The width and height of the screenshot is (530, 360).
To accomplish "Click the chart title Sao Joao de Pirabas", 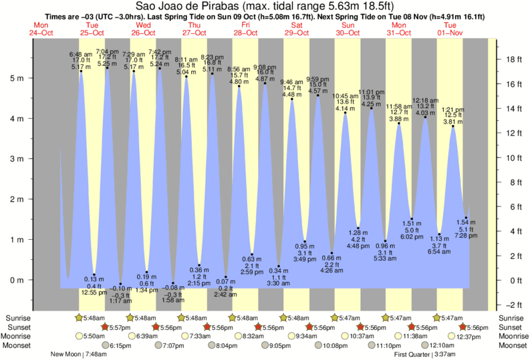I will point(265,6).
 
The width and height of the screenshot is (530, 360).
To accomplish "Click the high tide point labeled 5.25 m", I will point(107,67).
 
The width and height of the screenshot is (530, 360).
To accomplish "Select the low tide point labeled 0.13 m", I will point(94,275).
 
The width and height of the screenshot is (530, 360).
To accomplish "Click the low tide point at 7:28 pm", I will point(466,218).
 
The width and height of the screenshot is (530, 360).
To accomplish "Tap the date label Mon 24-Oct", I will point(42,29).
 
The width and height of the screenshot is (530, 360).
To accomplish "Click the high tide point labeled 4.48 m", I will point(291,99).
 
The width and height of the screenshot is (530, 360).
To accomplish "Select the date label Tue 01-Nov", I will point(450,29).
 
